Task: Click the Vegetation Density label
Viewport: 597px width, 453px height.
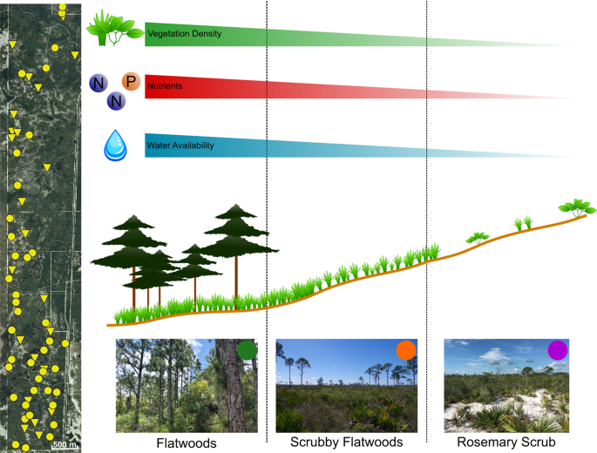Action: [184, 35]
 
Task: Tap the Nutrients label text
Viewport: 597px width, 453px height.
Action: [164, 86]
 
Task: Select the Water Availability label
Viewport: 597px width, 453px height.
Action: [180, 145]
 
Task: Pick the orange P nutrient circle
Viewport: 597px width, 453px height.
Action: [131, 82]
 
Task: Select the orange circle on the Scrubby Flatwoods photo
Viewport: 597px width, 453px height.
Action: [405, 350]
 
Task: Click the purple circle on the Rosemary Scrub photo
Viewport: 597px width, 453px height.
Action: [558, 350]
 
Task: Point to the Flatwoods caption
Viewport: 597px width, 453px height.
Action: [187, 443]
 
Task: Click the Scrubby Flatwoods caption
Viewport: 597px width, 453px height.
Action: [347, 443]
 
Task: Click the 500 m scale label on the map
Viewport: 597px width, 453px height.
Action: [64, 445]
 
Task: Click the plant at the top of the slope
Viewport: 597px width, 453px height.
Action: [577, 208]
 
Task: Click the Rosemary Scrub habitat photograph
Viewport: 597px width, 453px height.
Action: [500, 386]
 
